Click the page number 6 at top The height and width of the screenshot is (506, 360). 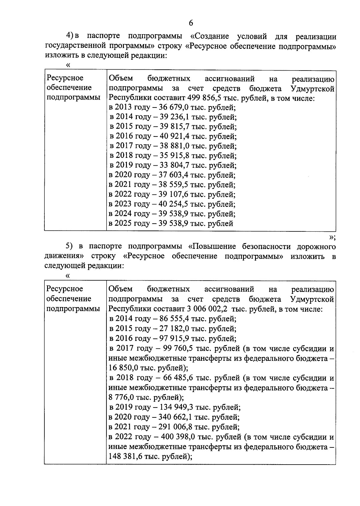191,23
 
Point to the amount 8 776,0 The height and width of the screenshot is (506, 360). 121,398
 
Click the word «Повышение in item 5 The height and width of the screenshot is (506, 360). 214,246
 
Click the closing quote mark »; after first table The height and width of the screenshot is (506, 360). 332,237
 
